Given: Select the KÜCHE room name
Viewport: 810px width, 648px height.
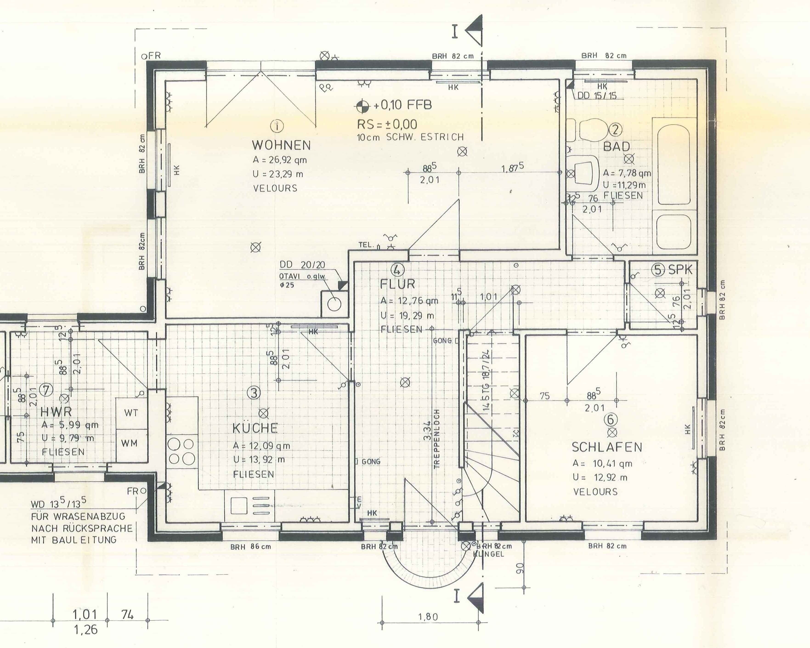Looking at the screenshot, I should pos(255,428).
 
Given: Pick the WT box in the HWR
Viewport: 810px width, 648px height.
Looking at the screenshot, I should pos(131,413).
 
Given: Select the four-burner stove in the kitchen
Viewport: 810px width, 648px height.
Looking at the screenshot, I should pos(182,452).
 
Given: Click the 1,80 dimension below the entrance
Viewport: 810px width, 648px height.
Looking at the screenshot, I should pos(428,617).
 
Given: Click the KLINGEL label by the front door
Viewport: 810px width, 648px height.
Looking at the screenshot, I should pos(488,554).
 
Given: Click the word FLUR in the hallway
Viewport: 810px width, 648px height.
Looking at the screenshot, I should pos(397,284).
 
